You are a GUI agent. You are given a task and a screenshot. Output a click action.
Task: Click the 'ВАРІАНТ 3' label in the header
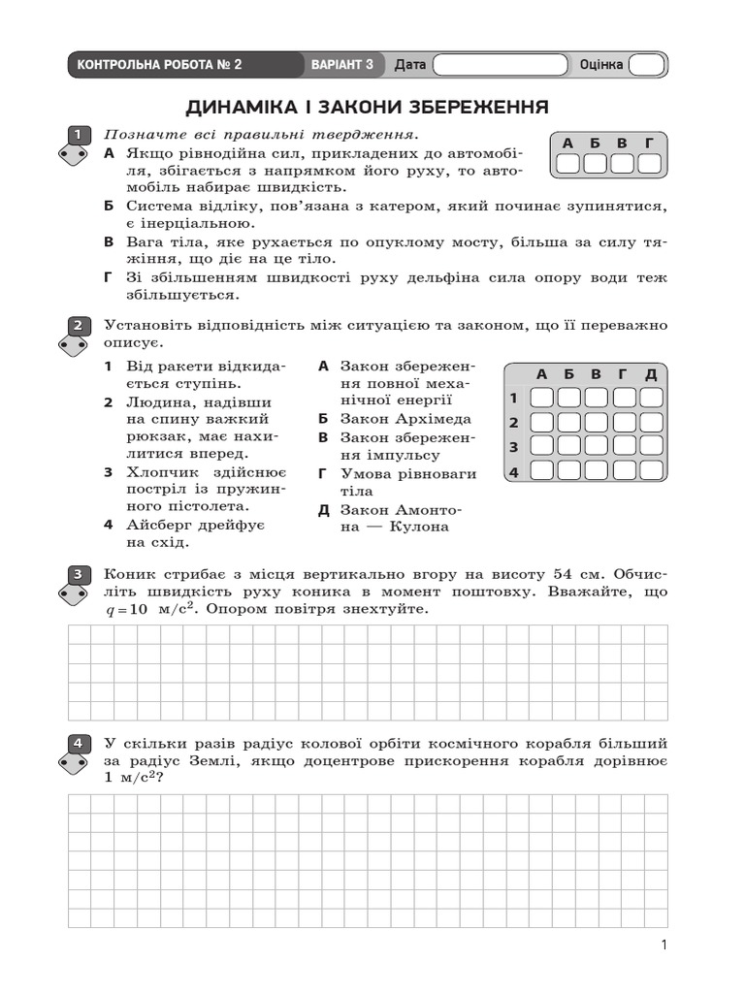click(342, 65)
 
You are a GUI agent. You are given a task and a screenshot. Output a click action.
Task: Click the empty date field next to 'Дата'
click(500, 65)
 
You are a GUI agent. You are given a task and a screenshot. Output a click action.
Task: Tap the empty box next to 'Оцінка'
click(647, 65)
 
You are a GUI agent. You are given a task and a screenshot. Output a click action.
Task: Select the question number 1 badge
click(77, 135)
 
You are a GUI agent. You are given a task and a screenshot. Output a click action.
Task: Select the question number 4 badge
click(77, 744)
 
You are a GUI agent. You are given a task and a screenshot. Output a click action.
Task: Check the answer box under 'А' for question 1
click(567, 164)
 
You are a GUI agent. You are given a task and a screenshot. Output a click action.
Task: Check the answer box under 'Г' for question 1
click(649, 164)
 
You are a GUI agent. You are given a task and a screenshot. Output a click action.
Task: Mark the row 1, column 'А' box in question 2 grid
click(542, 398)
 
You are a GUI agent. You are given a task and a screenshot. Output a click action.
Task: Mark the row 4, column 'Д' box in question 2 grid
click(651, 470)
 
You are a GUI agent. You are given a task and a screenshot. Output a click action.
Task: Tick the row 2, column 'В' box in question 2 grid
click(597, 422)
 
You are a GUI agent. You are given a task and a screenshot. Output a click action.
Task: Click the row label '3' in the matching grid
click(514, 447)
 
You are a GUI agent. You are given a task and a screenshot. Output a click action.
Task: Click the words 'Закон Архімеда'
click(405, 419)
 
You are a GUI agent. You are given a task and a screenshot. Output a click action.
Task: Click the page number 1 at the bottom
click(664, 945)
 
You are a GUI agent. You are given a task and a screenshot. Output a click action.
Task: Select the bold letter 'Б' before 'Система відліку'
click(109, 207)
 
